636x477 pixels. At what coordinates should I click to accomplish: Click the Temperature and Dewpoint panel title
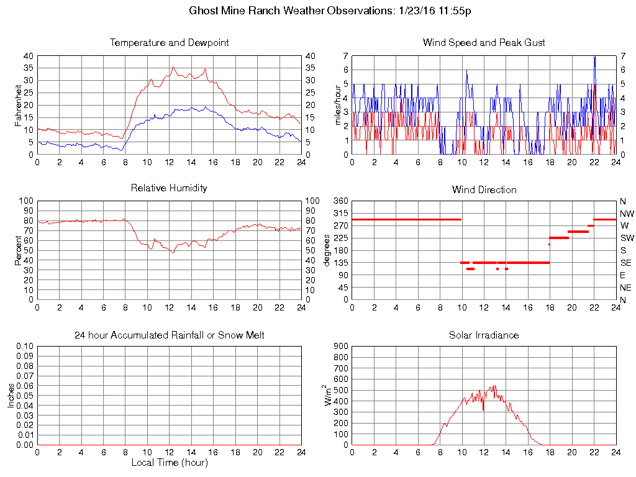pos(169,43)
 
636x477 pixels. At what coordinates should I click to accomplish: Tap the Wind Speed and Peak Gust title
pos(484,43)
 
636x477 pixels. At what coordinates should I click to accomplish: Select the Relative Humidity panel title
pos(169,188)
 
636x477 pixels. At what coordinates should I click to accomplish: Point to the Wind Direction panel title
pos(484,190)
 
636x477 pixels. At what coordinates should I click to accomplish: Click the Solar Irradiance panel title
pos(484,335)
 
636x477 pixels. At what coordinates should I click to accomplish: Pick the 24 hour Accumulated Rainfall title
pos(169,335)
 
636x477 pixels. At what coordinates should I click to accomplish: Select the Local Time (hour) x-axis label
pos(169,463)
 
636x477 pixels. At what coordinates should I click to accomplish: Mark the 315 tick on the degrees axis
pos(338,213)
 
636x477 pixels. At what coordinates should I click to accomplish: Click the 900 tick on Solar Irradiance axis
pos(340,347)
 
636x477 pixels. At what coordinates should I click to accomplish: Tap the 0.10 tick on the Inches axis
pos(24,347)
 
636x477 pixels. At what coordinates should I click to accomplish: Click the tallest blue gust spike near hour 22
pos(594,57)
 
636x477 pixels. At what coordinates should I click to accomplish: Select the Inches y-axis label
pos(11,395)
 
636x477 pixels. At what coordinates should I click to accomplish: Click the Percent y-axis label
pos(19,250)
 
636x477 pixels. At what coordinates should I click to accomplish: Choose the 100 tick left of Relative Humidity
pos(25,201)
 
